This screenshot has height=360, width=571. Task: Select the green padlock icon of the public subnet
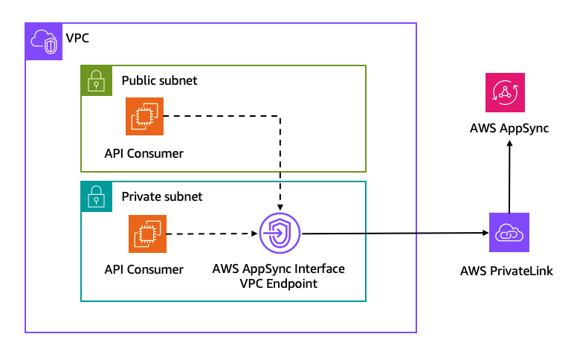coord(96,80)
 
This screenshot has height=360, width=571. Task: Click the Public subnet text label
coord(159,80)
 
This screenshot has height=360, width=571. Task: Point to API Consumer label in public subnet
coord(144,153)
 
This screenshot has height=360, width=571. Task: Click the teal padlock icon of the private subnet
coord(96,197)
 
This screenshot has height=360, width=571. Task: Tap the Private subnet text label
coord(161,197)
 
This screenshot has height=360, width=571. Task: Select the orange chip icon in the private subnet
coord(147,234)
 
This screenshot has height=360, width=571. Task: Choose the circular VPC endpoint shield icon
coord(280,234)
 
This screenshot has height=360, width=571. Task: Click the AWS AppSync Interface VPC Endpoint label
coord(279,275)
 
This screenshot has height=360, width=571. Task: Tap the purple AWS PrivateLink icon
coord(509,232)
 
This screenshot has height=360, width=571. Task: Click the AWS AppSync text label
coord(509,129)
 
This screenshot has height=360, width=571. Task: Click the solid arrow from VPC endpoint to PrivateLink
coord(394,234)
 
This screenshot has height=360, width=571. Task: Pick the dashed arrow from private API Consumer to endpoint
coord(212,234)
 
